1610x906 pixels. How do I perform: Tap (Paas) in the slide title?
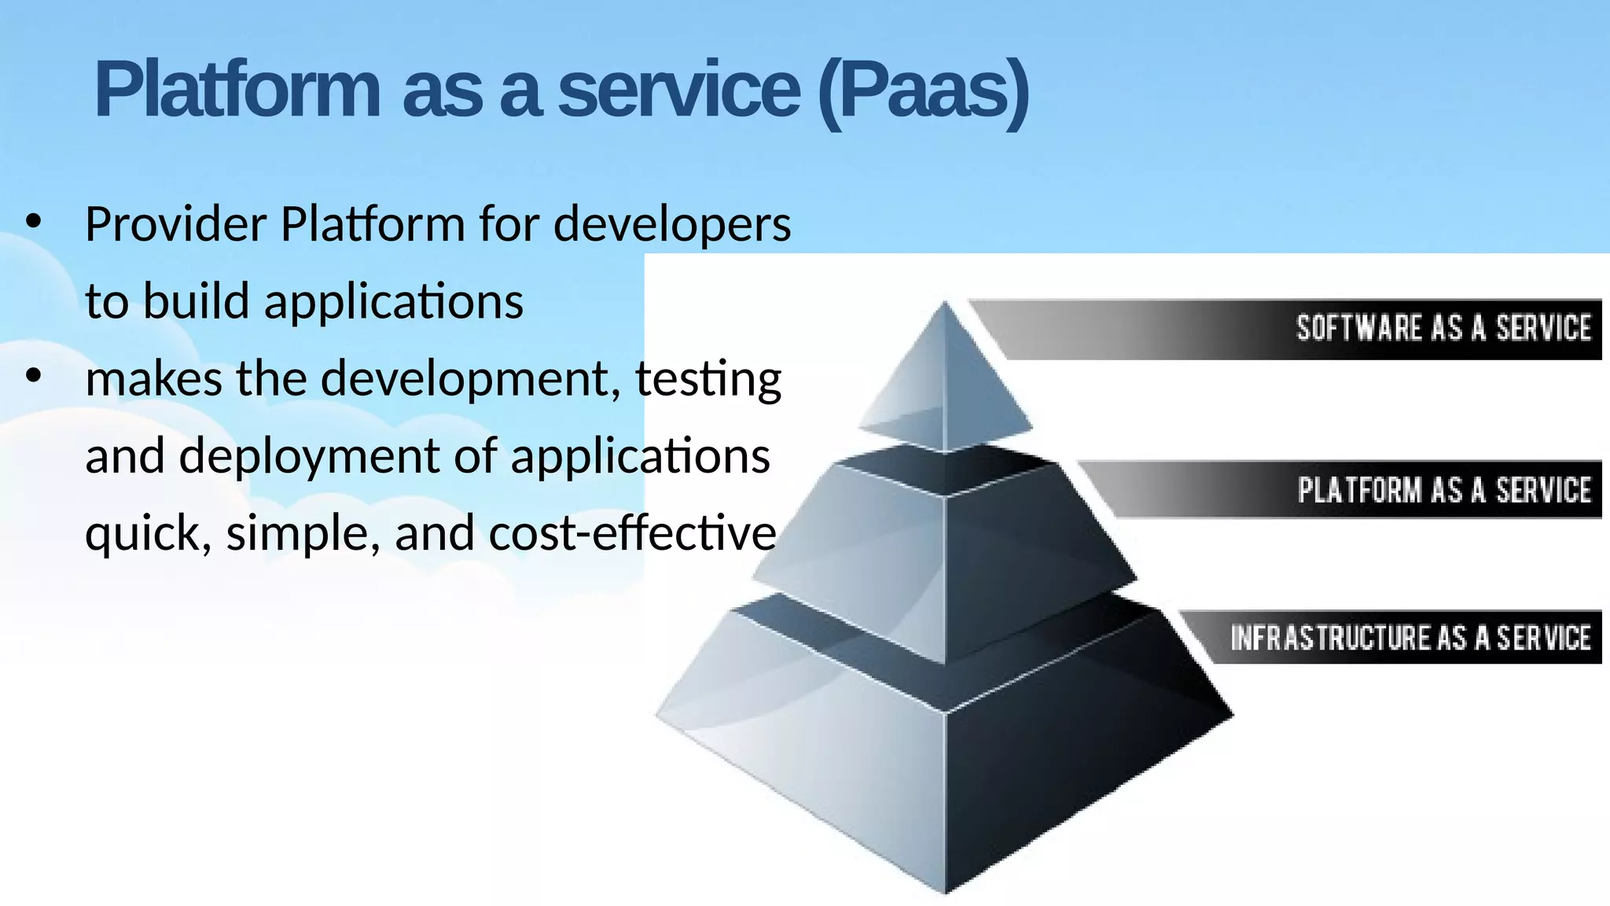[923, 93]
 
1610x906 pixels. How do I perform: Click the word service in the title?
[679, 90]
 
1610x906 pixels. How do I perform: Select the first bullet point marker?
[33, 223]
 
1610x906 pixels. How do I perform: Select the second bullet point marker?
[33, 377]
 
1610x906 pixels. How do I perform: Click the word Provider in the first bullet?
[176, 224]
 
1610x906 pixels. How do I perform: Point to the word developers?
[672, 226]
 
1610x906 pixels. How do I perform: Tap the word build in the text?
[196, 301]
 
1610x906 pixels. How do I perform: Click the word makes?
[154, 378]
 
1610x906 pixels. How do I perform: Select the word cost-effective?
[632, 532]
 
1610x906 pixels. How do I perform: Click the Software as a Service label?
[1443, 328]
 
